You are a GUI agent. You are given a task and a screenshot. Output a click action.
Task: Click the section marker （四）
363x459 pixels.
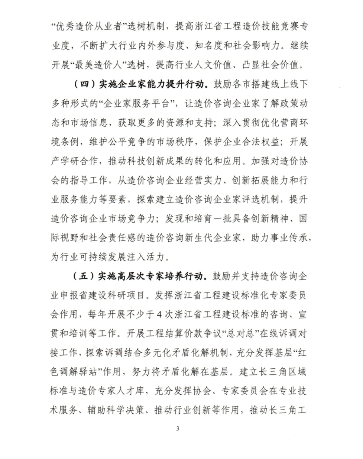(84, 84)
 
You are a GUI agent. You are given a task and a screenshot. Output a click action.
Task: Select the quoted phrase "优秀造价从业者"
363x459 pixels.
(78, 27)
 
